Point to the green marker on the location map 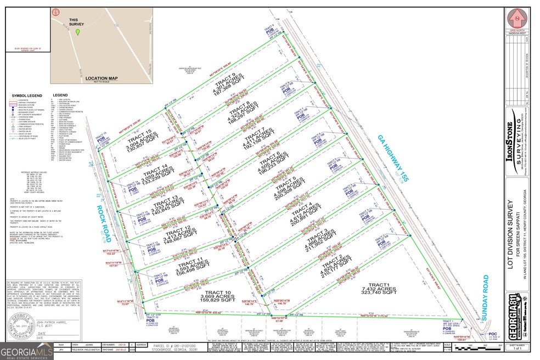(x=78, y=32)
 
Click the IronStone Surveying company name (x=510, y=143)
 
